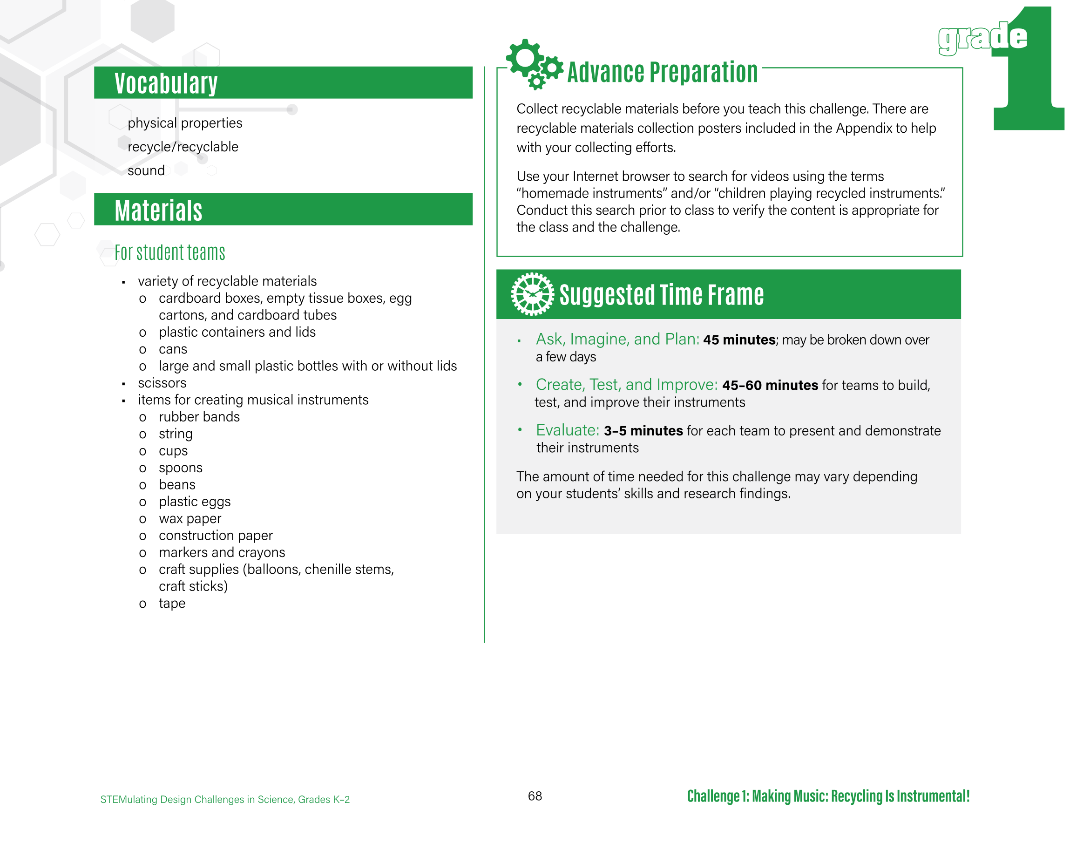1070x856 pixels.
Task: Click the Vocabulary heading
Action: pyautogui.click(x=166, y=83)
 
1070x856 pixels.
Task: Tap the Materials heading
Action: pyautogui.click(x=158, y=210)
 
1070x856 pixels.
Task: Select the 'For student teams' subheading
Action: pyautogui.click(x=170, y=252)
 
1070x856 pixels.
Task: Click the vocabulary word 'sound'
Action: pyautogui.click(x=146, y=171)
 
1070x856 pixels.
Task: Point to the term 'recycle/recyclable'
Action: pyautogui.click(x=183, y=147)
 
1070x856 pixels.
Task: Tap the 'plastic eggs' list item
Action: pyautogui.click(x=195, y=502)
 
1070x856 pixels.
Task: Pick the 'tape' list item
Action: pyautogui.click(x=172, y=603)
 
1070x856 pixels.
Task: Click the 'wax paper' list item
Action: pyautogui.click(x=190, y=518)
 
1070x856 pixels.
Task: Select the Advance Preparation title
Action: pyautogui.click(x=662, y=72)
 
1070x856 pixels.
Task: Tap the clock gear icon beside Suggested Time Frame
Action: pyautogui.click(x=532, y=294)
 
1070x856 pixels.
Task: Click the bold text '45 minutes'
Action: pyautogui.click(x=739, y=340)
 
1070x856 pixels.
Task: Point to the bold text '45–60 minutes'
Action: pyautogui.click(x=770, y=385)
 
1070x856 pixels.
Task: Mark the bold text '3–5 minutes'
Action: pyautogui.click(x=643, y=430)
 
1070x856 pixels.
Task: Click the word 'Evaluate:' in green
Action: pyautogui.click(x=568, y=430)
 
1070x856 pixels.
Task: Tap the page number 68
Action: pyautogui.click(x=535, y=796)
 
